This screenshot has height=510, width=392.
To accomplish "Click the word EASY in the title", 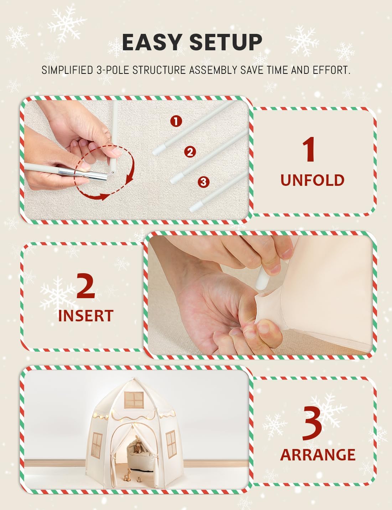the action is click(x=152, y=42).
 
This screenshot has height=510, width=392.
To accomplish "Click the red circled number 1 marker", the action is click(x=176, y=121).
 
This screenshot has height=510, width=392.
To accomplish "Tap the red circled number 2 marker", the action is click(x=190, y=152).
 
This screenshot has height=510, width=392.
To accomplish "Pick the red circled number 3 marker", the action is click(x=203, y=182).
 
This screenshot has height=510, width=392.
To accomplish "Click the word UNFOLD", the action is click(x=312, y=180).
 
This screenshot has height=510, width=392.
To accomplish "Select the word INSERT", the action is click(x=86, y=316).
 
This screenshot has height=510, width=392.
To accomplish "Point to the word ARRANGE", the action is click(x=318, y=455).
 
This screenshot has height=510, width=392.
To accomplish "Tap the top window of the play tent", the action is click(x=134, y=400).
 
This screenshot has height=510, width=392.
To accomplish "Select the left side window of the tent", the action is click(x=97, y=441).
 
